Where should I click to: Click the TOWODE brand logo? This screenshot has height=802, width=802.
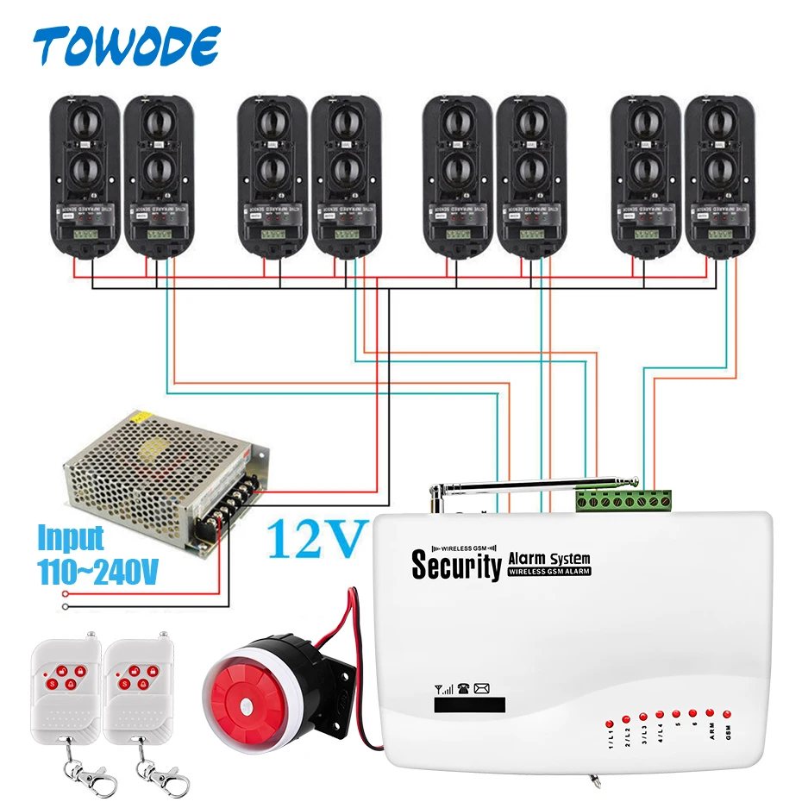pos(127,46)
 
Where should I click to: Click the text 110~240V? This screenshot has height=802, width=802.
pos(97,571)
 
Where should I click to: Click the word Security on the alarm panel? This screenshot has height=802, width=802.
pos(456,566)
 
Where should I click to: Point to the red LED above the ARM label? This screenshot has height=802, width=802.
pos(710,712)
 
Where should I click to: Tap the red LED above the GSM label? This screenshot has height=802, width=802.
pos(727,714)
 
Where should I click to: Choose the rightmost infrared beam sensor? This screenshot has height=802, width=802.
pos(719,173)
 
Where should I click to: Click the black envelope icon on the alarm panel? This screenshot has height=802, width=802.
pos(481,688)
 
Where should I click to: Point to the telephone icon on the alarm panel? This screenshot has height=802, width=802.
pos(462,688)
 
